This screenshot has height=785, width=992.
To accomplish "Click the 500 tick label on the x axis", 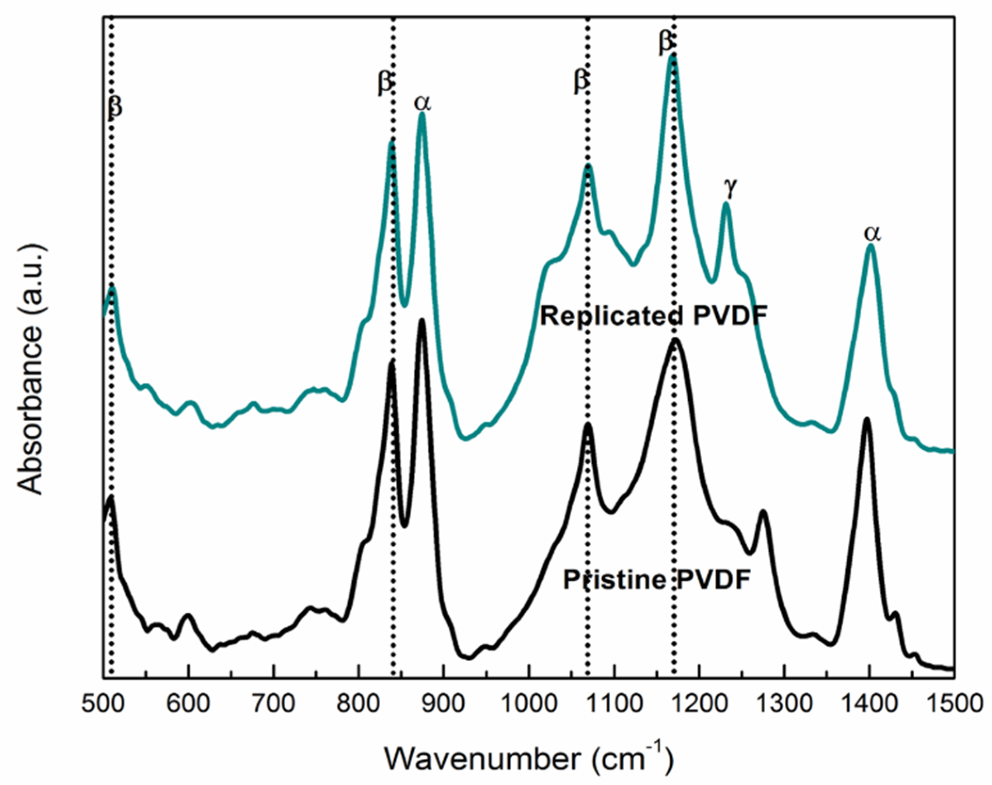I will pyautogui.click(x=103, y=704).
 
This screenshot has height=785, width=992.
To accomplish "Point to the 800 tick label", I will pyautogui.click(x=359, y=704).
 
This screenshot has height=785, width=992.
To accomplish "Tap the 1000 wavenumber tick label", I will pyautogui.click(x=529, y=704).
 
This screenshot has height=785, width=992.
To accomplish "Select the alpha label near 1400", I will pyautogui.click(x=872, y=232).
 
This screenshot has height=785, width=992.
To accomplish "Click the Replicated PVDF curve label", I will pyautogui.click(x=653, y=316).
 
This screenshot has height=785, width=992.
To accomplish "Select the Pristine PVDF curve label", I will pyautogui.click(x=656, y=580).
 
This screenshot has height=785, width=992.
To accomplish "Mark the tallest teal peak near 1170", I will pyautogui.click(x=673, y=57).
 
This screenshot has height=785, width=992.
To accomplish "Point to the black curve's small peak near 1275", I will pyautogui.click(x=763, y=512).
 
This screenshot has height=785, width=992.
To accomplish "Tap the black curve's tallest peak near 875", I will pyautogui.click(x=422, y=321).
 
